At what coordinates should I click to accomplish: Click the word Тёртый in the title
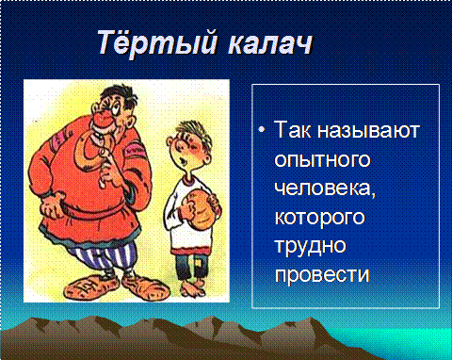point(157,42)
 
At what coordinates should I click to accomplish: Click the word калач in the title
point(270,43)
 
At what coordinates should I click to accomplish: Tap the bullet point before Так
point(262,129)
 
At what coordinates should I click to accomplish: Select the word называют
point(368,130)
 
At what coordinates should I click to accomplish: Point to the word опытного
point(322,160)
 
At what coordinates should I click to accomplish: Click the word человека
point(325,188)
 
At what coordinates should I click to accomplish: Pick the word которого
point(320,218)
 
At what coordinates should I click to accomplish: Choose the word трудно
point(311,246)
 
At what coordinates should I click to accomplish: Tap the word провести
point(322,274)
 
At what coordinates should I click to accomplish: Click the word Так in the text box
point(294,129)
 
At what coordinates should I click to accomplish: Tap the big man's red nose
point(105,119)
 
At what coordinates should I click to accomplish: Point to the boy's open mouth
point(183,160)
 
